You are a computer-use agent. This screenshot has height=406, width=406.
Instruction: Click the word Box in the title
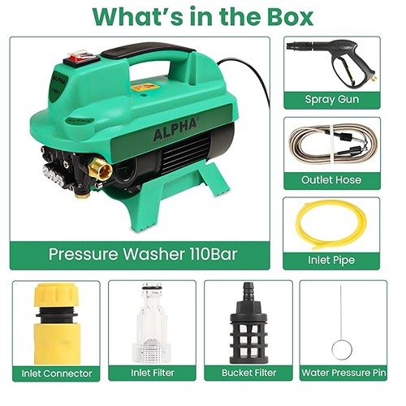click(x=290, y=17)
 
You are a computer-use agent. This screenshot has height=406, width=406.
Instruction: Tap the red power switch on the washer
click(x=82, y=58)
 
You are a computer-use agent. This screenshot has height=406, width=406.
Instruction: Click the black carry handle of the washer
click(x=148, y=50)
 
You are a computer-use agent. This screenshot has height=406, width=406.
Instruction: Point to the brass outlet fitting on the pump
click(x=101, y=170)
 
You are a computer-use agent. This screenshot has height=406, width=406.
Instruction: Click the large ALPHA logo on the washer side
click(x=175, y=130)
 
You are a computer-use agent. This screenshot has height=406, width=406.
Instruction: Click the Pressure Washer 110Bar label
click(x=143, y=254)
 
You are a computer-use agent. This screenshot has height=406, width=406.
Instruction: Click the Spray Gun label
click(x=332, y=99)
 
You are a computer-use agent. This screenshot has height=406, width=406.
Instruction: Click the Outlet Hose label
click(x=331, y=179)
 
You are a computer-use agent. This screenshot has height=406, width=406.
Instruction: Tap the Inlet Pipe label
click(x=331, y=260)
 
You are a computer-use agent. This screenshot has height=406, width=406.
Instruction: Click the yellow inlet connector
click(x=56, y=324)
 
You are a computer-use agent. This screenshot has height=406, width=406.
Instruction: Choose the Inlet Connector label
click(x=57, y=374)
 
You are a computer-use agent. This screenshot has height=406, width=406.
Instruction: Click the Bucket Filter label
click(x=248, y=373)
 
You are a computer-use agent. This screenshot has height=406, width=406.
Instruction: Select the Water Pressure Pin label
click(x=343, y=373)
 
